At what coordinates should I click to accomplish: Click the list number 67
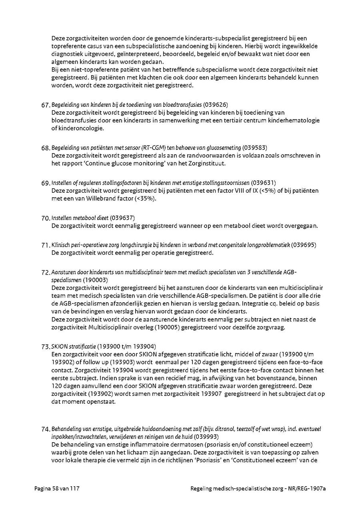coord(46,105)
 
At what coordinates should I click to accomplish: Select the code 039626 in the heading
coord(216,105)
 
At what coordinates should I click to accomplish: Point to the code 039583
coord(256,148)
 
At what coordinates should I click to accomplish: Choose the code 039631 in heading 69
coord(264,183)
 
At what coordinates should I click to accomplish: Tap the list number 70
coord(46,218)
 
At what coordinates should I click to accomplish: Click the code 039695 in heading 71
coord(305,245)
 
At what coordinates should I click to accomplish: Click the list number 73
coord(46,346)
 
